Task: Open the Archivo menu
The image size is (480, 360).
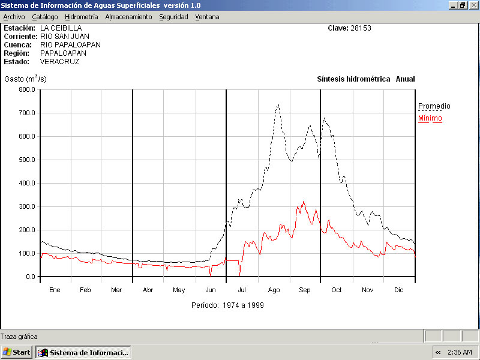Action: [14, 17]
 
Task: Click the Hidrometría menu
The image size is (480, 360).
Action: [81, 17]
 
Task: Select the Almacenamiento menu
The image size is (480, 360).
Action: [128, 17]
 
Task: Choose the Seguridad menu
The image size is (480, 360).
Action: [173, 17]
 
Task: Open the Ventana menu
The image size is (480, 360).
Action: [207, 17]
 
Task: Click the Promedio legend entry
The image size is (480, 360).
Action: [434, 106]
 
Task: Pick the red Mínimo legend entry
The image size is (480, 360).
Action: [430, 118]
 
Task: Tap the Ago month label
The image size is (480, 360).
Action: [274, 290]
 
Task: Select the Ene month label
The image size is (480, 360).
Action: [55, 290]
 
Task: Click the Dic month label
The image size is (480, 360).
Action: [399, 290]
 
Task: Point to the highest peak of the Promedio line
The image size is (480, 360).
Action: [278, 105]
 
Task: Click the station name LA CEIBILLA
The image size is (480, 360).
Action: [61, 28]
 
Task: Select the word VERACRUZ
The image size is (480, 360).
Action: [59, 61]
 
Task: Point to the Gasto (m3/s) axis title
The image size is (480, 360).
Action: [25, 79]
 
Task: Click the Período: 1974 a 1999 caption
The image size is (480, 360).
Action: [227, 305]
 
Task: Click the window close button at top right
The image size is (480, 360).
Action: [473, 5]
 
